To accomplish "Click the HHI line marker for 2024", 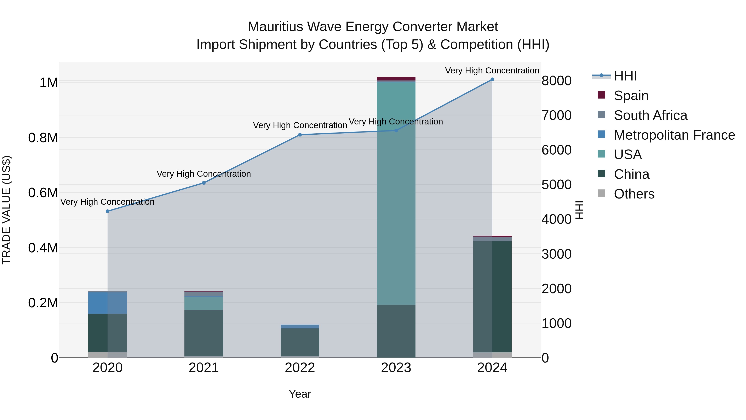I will click(x=492, y=79).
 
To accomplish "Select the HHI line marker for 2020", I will click(x=107, y=211).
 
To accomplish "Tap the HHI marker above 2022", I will click(x=300, y=135).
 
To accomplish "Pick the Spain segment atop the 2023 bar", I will click(x=396, y=79).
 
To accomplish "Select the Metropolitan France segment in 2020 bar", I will click(x=107, y=303).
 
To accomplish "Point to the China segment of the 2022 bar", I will click(x=300, y=342).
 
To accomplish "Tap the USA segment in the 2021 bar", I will click(x=203, y=303).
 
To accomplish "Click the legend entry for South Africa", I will click(x=650, y=115).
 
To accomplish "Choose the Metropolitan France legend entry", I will click(x=674, y=135).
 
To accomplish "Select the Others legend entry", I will click(x=634, y=194).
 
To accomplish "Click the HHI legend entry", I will click(x=625, y=76).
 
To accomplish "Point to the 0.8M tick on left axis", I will click(x=43, y=138).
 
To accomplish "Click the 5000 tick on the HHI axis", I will click(x=556, y=185).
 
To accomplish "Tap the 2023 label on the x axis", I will click(x=396, y=368).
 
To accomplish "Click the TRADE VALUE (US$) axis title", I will click(x=6, y=210).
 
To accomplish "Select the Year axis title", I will click(x=300, y=394).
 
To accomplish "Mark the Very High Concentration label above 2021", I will click(x=203, y=174).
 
